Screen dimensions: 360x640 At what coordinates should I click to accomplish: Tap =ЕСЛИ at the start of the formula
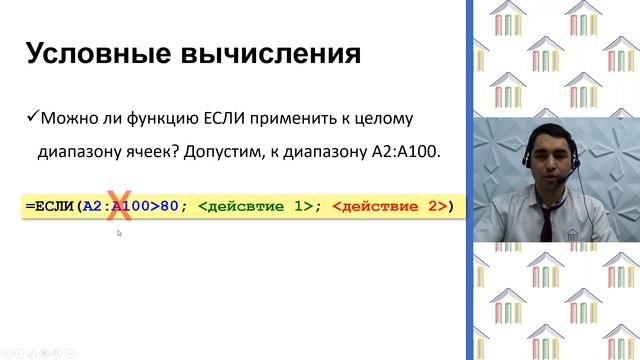click(x=49, y=207)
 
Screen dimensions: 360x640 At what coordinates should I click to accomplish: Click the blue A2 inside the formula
click(x=92, y=207)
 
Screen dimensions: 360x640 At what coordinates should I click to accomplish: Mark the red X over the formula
click(x=126, y=207)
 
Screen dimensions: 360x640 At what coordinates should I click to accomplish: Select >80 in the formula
click(x=165, y=207)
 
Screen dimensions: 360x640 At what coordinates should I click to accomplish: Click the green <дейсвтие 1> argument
click(x=255, y=207)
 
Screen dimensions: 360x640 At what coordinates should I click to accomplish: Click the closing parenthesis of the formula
click(x=450, y=207)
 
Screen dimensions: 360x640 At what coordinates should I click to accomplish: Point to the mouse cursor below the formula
click(x=119, y=234)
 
